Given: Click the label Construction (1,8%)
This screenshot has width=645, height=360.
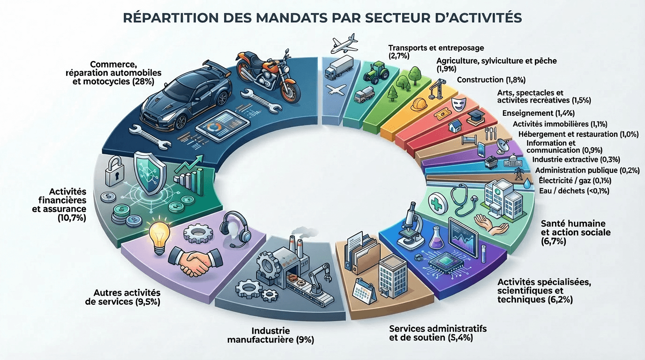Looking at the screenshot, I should pos(491,79).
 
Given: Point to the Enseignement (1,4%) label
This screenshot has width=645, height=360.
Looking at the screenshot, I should pos(538,113).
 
